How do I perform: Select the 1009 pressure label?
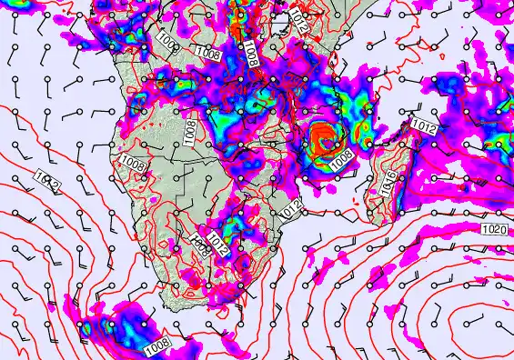[166, 42]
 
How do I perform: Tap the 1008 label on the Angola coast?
[133, 165]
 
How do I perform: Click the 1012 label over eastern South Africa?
[217, 241]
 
